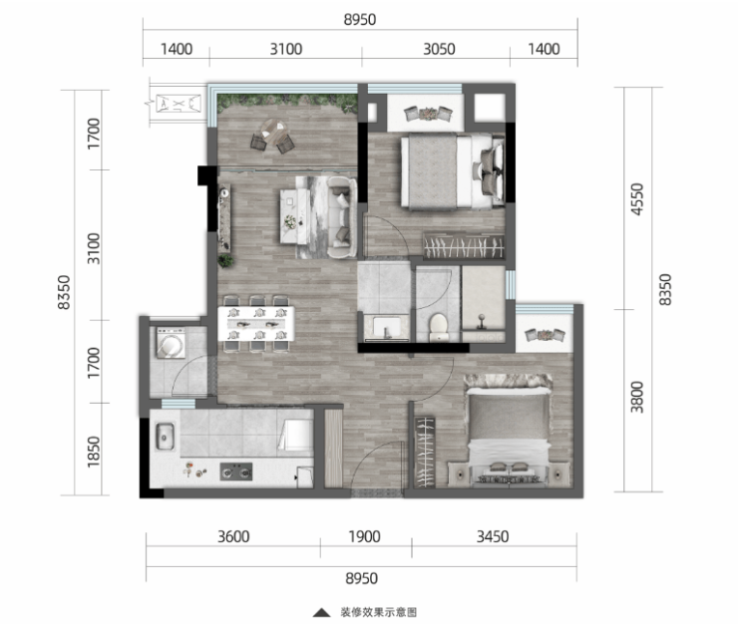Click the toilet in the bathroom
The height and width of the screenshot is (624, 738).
click(439, 327)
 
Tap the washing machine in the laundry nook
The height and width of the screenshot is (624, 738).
click(171, 343)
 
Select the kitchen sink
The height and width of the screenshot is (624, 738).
click(166, 437)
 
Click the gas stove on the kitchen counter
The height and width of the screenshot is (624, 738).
click(236, 471)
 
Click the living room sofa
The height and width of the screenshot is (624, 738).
click(342, 217)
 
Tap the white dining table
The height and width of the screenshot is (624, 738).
click(256, 324)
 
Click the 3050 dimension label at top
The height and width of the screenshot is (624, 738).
click(439, 50)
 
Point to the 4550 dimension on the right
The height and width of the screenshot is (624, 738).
click(637, 199)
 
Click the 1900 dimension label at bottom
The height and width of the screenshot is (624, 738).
click(364, 537)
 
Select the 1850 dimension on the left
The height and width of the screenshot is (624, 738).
click(94, 452)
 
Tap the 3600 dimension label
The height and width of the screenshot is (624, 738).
click(233, 537)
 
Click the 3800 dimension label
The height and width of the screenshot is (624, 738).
click(637, 397)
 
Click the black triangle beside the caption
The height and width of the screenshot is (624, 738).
click(322, 612)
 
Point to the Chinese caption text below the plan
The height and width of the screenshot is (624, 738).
click(379, 612)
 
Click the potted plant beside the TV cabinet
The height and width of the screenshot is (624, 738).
click(226, 260)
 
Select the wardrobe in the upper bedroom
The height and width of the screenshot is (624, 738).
click(464, 245)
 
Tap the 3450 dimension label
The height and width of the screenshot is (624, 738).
click(493, 537)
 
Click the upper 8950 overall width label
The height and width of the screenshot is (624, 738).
click(360, 20)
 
